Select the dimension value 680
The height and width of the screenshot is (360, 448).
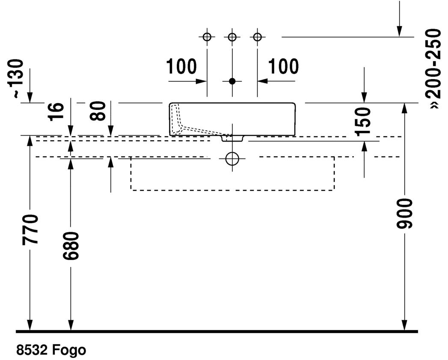pos(71,246)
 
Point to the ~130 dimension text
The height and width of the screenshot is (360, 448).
pos(18,79)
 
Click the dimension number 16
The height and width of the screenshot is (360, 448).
pos(57,112)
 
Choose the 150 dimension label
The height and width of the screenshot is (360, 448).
pos(364,121)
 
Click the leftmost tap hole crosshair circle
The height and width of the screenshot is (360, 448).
pos(207,37)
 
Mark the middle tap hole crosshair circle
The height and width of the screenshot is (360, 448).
pos(232,37)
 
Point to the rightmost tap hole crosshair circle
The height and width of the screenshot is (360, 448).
pos(257,37)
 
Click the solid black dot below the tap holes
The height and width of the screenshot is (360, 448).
pos(232,81)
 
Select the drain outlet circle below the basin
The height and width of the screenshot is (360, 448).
pos(232,158)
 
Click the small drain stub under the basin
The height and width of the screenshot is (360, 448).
pos(232,138)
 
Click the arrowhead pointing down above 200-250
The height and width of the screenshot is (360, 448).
pos(399,30)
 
